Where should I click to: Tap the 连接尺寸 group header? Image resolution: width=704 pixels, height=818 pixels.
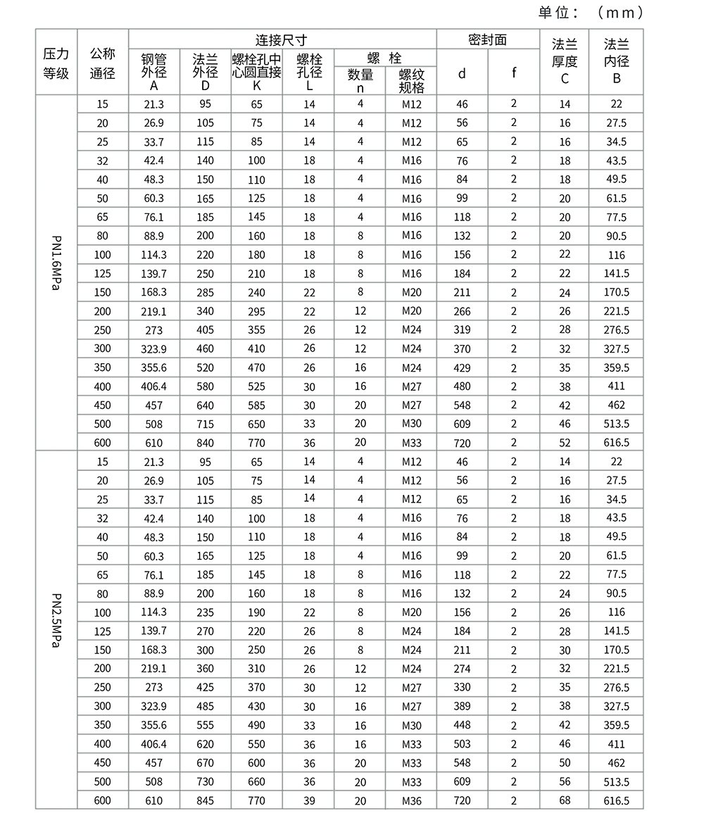tap(282, 39)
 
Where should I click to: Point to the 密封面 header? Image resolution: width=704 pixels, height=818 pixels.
tap(487, 39)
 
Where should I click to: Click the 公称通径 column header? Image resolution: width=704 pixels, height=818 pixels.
tap(103, 63)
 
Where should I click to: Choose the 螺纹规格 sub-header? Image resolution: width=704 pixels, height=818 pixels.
tap(412, 81)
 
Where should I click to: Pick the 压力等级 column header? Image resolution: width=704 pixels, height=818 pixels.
tap(56, 63)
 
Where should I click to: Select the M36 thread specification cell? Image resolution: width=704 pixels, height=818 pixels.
tap(412, 800)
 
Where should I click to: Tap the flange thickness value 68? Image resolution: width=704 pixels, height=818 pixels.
tap(565, 800)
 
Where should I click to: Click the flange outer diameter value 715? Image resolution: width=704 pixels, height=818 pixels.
tap(206, 424)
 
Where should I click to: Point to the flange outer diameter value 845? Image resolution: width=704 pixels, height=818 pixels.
tap(206, 800)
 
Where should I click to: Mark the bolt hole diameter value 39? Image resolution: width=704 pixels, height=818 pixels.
tap(309, 800)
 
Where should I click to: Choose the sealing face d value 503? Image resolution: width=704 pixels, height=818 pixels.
tap(462, 744)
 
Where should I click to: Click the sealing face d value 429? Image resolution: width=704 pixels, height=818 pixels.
tap(462, 367)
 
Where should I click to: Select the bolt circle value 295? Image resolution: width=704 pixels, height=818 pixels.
tap(256, 311)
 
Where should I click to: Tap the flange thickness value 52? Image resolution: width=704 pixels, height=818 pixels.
tap(565, 443)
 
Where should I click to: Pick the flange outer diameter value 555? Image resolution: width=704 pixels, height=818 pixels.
tap(206, 725)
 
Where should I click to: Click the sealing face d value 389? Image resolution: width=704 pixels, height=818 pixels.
tap(462, 706)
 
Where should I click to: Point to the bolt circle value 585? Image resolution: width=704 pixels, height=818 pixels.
tap(256, 405)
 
